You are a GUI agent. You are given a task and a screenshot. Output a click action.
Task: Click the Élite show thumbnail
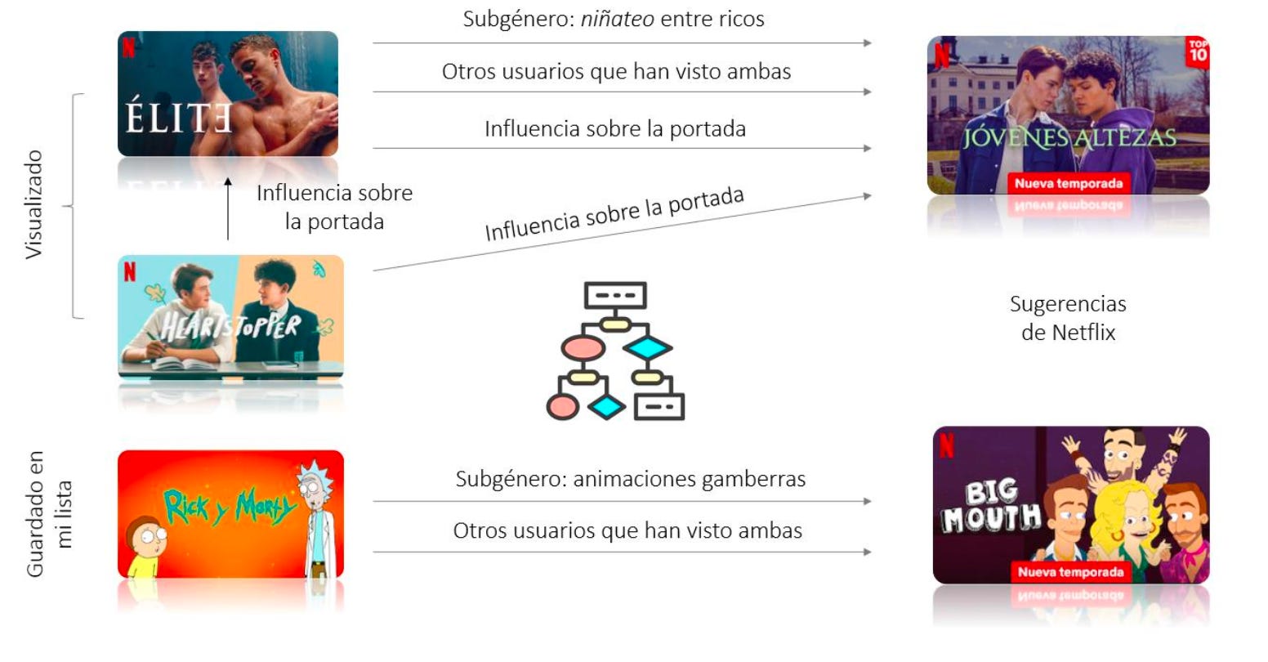(227, 94)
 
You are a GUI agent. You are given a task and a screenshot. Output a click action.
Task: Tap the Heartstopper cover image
(231, 316)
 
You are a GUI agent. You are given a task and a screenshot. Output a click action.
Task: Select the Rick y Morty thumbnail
(230, 513)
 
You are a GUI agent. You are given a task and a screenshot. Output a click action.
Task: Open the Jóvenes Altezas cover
(1067, 114)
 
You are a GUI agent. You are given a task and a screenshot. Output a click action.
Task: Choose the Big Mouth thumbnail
(1070, 504)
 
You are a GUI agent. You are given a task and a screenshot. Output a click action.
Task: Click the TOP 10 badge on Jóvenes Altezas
(1197, 51)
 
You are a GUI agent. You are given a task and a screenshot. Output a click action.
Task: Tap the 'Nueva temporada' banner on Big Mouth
(1070, 572)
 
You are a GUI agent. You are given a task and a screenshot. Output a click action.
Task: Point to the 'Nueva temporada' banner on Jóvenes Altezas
(1068, 183)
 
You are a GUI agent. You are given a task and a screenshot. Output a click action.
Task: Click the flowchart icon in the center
(615, 351)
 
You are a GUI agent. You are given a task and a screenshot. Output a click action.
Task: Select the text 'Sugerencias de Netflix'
(1068, 318)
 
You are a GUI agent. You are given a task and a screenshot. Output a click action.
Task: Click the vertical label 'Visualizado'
(33, 204)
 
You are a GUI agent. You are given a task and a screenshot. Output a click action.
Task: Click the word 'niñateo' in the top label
(617, 19)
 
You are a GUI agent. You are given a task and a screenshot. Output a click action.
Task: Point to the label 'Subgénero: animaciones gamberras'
(630, 478)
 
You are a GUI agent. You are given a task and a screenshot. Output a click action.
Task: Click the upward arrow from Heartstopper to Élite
(228, 208)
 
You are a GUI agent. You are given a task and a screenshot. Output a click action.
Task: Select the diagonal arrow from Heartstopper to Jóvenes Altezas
(621, 233)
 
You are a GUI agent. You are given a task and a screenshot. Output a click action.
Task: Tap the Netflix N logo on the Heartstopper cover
(130, 271)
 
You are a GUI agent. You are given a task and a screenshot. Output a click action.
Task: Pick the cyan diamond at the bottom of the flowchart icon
(606, 406)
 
